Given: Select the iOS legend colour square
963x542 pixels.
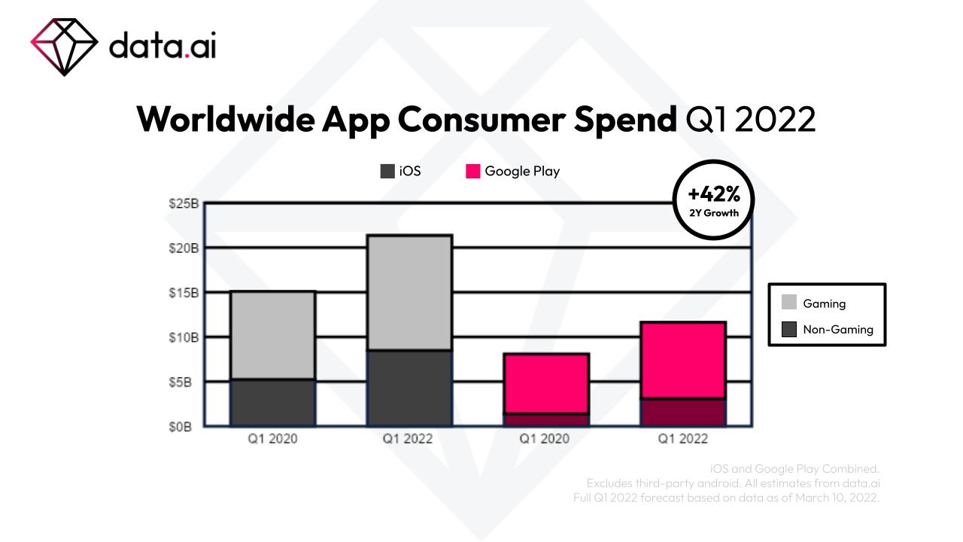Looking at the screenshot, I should pos(387,171).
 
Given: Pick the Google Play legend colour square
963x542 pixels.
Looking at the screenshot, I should pos(473,171).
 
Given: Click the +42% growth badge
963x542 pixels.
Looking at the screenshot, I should pos(714,200).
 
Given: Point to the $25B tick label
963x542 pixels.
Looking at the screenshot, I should pos(184,203).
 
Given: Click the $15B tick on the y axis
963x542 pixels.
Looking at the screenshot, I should pos(184,292).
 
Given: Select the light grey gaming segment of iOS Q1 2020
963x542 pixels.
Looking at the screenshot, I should pos(272,335).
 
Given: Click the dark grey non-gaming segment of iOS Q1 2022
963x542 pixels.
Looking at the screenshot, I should pos(409,388).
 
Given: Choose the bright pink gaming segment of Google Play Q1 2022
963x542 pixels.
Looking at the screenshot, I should pos(683,360).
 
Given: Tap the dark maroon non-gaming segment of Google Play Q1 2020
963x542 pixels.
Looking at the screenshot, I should pos(546,420).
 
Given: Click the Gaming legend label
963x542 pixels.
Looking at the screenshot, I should pos(825,303).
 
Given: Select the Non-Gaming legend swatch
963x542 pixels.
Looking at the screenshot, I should pos(789,329).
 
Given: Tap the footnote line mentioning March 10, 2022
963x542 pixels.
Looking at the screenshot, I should pos(726,498).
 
